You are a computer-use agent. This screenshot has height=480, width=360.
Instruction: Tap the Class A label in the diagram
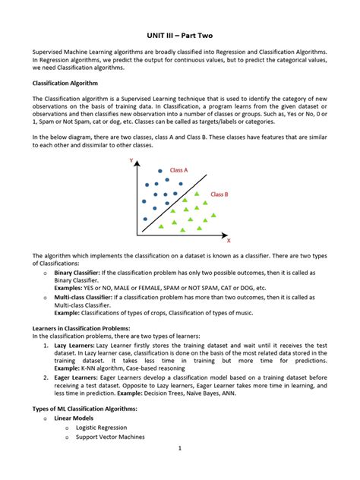[x=179, y=170]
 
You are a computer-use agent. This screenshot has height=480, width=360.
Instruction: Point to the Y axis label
[x=131, y=161]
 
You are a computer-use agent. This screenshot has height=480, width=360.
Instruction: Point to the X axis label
[x=229, y=239]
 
